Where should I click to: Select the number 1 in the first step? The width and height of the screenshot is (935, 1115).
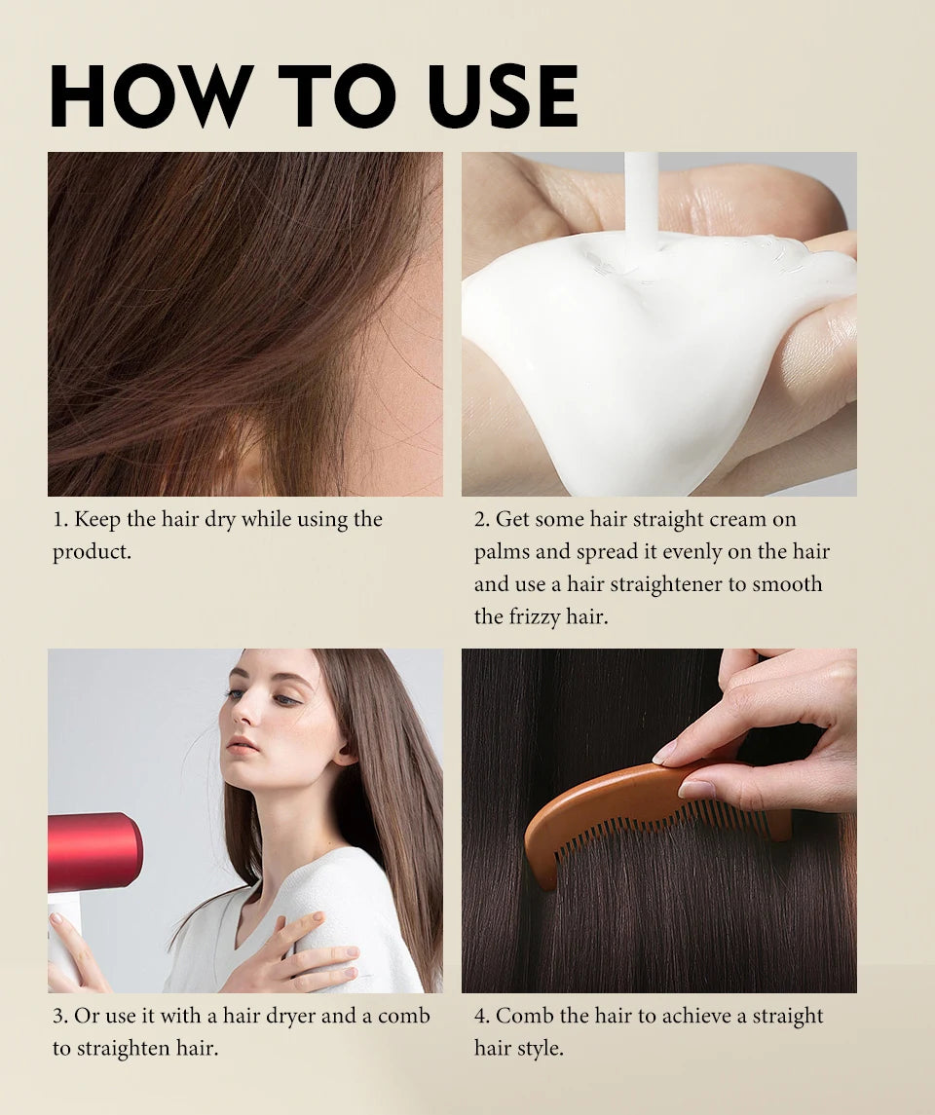[57, 520]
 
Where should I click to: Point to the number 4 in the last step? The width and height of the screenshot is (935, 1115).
[480, 1017]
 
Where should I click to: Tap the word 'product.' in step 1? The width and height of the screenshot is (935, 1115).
[92, 552]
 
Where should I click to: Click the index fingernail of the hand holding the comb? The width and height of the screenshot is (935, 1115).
[665, 751]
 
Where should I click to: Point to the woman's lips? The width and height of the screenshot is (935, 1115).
[243, 745]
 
